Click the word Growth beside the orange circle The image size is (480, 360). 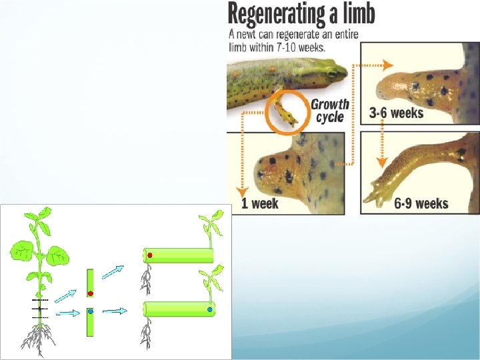pos(330,104)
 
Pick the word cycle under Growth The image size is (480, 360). pos(330,117)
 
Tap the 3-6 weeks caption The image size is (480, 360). pos(396,113)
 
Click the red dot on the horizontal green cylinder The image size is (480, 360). pos(150,255)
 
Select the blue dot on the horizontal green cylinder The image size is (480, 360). pos(210,310)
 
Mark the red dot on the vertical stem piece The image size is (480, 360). pos(91,293)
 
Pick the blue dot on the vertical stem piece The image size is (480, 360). pos(91,311)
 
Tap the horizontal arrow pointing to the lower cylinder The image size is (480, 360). pos(115,311)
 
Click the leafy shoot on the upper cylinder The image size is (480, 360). pos(212,227)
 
